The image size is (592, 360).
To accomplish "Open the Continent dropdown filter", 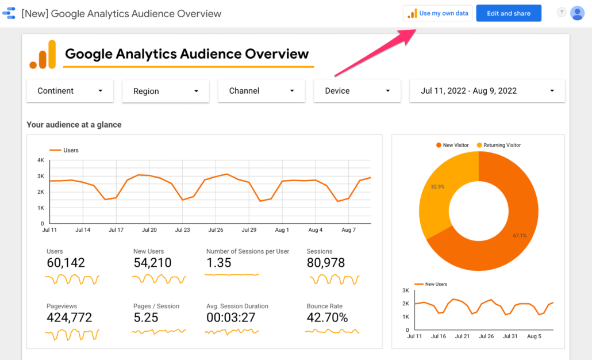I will click(x=70, y=91).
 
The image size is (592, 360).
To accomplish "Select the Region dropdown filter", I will click(x=166, y=91).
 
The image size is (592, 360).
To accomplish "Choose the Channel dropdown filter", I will click(x=261, y=91).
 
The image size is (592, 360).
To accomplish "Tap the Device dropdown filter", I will click(x=357, y=91).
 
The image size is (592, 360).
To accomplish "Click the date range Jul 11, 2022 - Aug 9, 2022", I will click(x=487, y=91).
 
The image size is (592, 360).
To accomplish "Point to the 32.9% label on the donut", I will click(x=438, y=187).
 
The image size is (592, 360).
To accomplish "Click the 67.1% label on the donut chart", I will click(x=520, y=235).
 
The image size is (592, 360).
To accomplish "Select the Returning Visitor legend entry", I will click(x=502, y=145).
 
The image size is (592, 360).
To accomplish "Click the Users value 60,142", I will click(x=66, y=263).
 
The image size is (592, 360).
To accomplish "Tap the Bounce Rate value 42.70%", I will click(x=327, y=318).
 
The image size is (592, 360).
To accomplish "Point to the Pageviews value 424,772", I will click(x=70, y=318).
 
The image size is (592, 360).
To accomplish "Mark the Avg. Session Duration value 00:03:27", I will click(x=232, y=318).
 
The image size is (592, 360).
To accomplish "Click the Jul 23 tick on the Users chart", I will click(x=183, y=230).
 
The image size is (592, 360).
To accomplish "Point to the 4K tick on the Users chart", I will click(x=41, y=160).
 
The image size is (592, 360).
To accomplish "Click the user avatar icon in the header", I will click(x=577, y=13).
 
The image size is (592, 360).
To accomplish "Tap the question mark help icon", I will click(x=562, y=13).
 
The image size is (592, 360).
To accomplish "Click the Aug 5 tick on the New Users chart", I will click(x=535, y=336).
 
